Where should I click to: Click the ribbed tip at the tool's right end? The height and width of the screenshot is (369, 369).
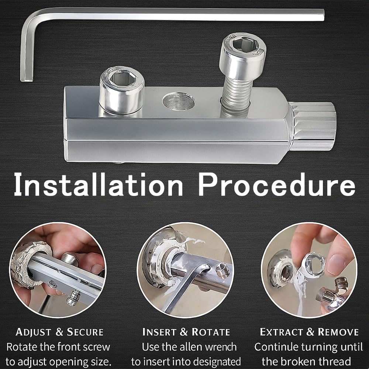click(x=313, y=125)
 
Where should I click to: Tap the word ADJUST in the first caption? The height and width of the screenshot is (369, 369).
click(x=34, y=332)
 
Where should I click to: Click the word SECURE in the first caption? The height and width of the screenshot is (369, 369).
click(x=85, y=332)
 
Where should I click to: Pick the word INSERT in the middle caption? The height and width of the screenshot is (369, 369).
click(x=159, y=332)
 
